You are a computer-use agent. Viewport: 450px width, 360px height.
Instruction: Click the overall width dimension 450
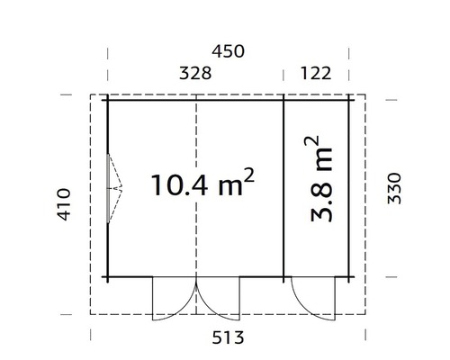pos(226,50)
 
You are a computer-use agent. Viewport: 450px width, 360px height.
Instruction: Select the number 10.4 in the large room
pos(181,185)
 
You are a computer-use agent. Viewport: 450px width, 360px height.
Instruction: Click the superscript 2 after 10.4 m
pos(249,175)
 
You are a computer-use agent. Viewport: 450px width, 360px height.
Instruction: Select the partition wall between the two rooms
pos(284,186)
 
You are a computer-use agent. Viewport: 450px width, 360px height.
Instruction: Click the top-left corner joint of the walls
pos(107,97)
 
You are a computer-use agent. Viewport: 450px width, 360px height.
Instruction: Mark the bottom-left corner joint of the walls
pos(107,277)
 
